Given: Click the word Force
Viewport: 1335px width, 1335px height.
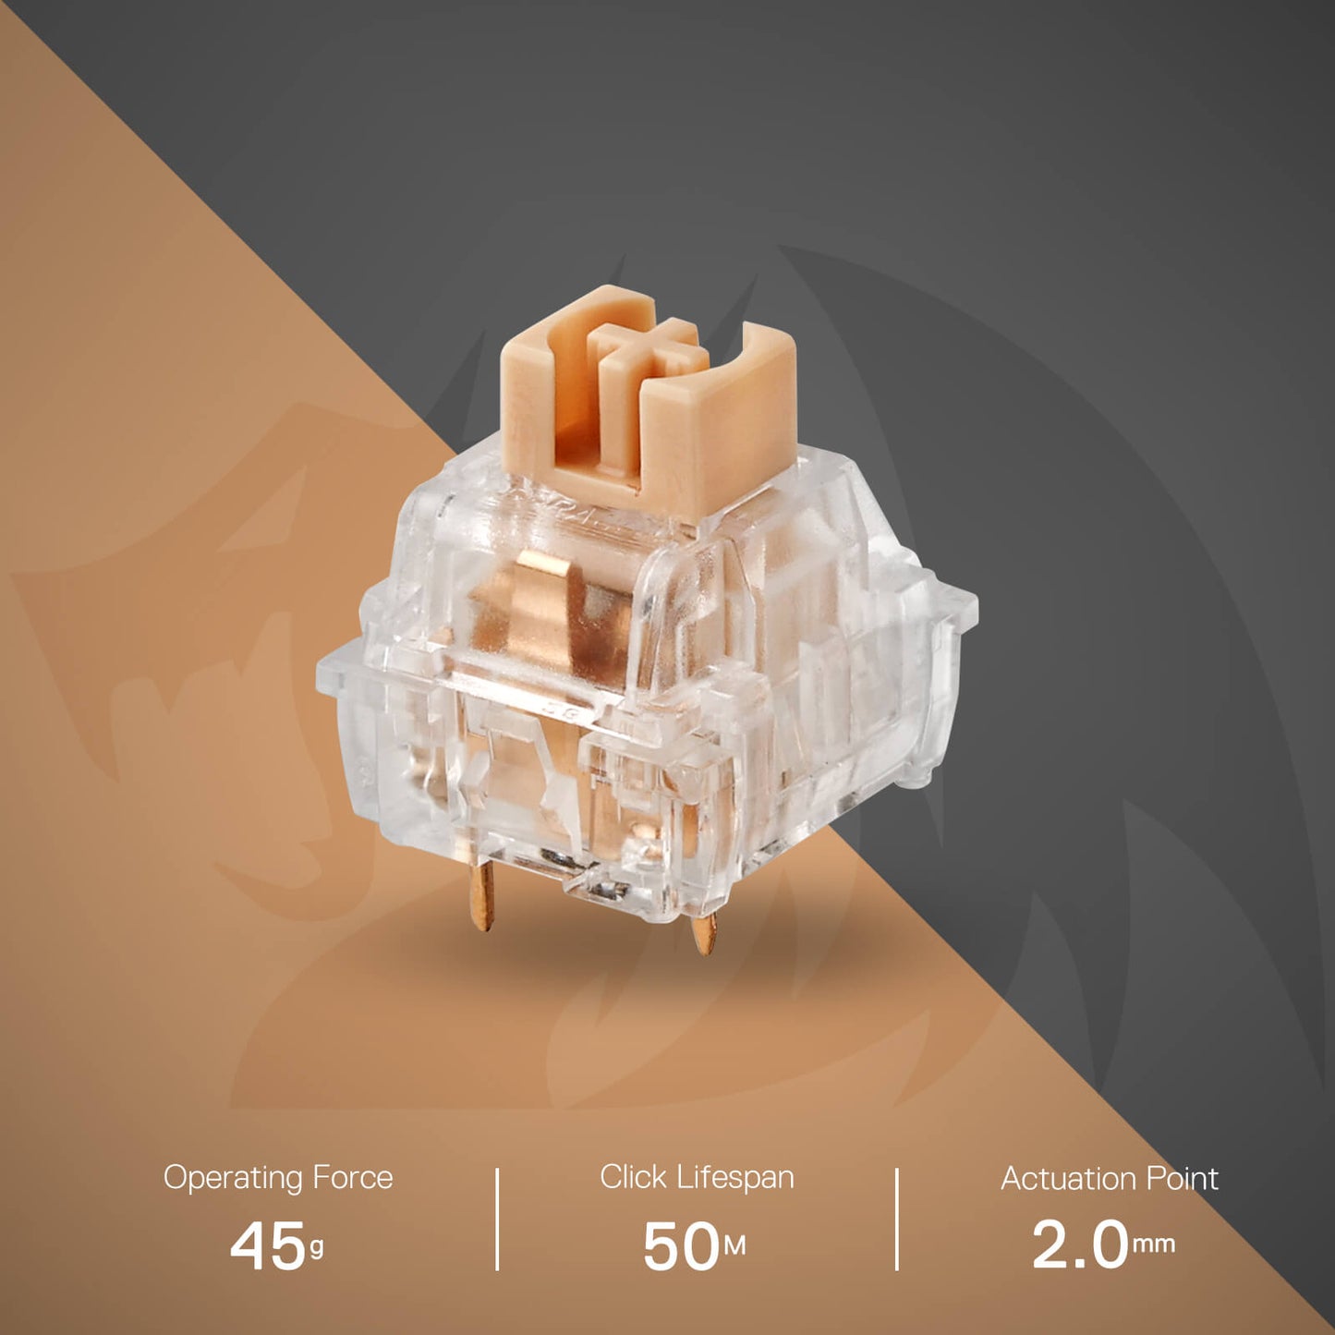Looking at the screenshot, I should click(x=352, y=1178).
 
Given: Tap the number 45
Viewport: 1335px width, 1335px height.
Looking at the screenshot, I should click(x=267, y=1245).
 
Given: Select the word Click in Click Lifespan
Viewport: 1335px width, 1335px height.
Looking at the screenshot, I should click(x=633, y=1177).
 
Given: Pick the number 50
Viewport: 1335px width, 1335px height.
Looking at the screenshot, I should click(x=680, y=1245).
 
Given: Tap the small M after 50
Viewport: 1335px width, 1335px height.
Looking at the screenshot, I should click(x=734, y=1247).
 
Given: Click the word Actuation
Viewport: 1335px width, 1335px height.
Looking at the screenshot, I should click(x=1069, y=1179).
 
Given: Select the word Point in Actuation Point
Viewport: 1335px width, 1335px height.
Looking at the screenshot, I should click(x=1182, y=1179).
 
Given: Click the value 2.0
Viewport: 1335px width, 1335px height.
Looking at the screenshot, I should click(x=1079, y=1244).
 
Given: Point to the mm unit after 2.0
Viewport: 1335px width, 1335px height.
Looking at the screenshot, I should click(x=1153, y=1244).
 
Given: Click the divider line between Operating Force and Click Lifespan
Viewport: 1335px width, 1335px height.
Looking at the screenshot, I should click(x=497, y=1219).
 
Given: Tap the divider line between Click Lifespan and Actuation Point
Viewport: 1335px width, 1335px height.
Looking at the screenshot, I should click(x=896, y=1219).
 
